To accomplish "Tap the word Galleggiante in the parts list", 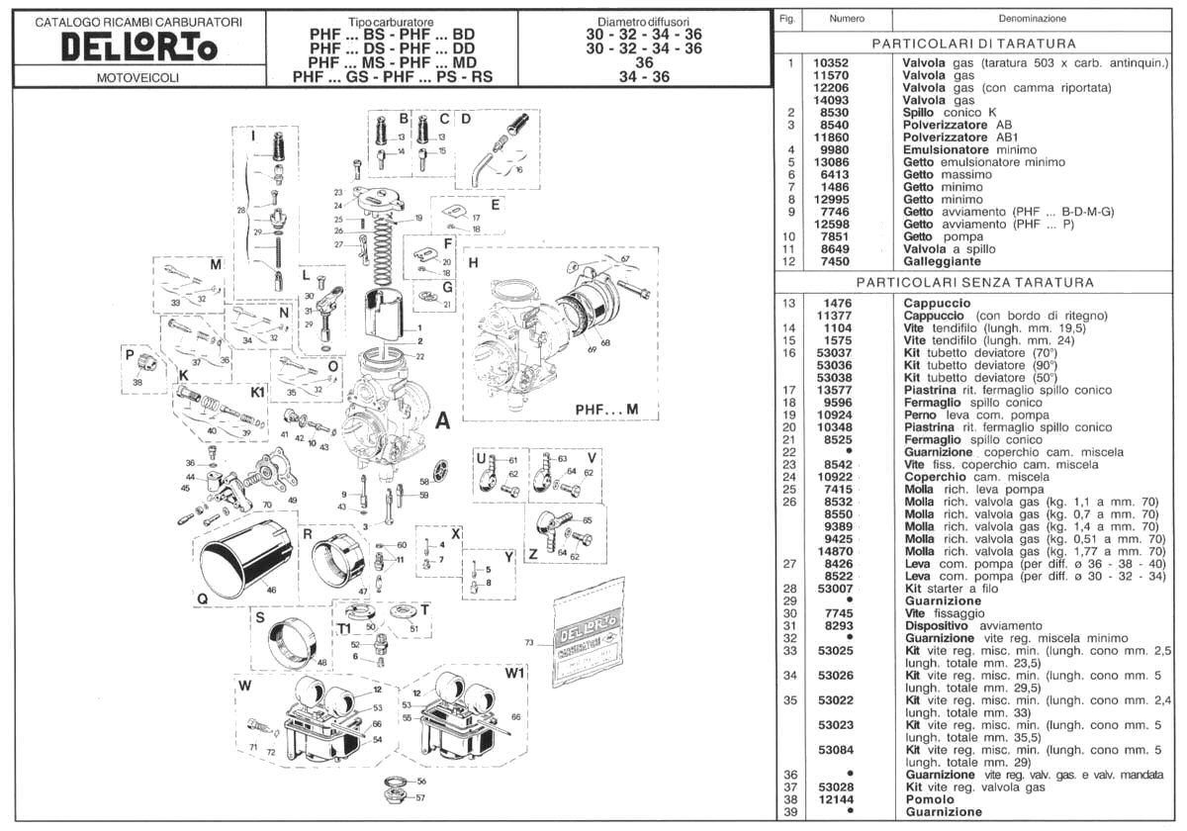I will pos(941,261).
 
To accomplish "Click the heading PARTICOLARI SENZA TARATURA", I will pos(975,283).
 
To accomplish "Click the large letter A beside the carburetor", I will pos(442,421).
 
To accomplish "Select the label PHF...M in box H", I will pos(606,409).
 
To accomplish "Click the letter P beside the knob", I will pos(130,353).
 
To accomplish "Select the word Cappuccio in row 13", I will pos(937,303).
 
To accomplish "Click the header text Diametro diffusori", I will pos(644,22).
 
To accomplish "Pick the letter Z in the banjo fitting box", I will pos(532,554).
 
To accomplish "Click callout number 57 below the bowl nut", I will pos(420,797).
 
